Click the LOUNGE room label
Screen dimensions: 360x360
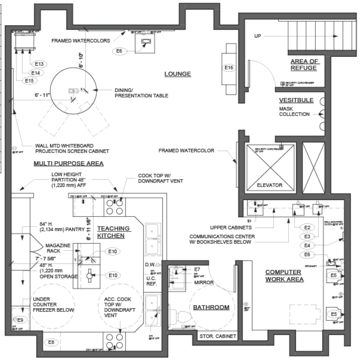(x=177, y=74)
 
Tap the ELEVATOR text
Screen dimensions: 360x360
(x=269, y=185)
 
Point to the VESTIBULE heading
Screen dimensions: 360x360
(x=296, y=100)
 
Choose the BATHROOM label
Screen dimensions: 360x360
(x=211, y=307)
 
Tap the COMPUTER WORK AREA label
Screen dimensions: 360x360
(x=284, y=276)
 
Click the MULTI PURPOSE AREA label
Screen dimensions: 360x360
(x=68, y=163)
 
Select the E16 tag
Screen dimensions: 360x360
(x=229, y=68)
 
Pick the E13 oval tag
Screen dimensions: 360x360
(x=40, y=64)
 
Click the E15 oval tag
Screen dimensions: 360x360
(x=30, y=81)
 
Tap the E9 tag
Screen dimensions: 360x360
(x=20, y=321)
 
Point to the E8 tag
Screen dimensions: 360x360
(x=51, y=341)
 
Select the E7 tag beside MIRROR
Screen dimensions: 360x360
(x=196, y=270)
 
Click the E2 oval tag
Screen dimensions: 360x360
(x=307, y=227)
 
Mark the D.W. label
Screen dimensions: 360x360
(x=150, y=264)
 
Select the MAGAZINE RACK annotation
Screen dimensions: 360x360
(x=57, y=249)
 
